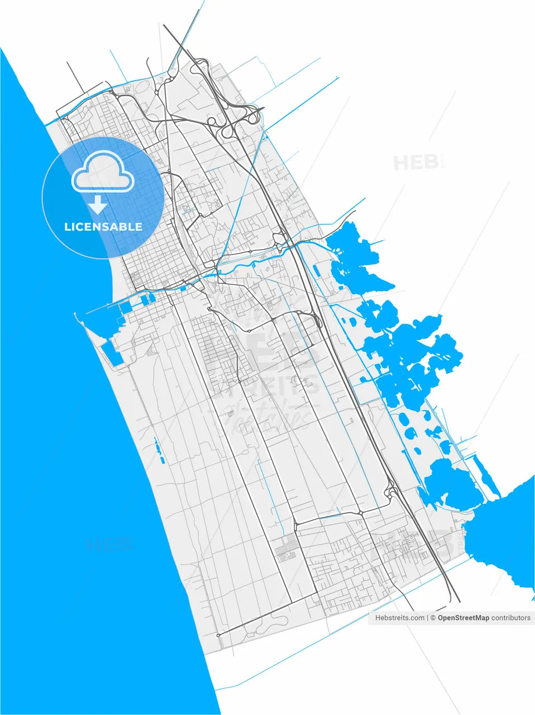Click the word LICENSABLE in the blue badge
(103, 227)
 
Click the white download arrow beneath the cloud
(98, 204)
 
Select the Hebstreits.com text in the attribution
(399, 618)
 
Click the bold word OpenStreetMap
(463, 618)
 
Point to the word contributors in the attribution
(511, 618)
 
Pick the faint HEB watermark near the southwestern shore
(108, 545)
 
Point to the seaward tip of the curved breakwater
(76, 314)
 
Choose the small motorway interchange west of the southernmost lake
(391, 492)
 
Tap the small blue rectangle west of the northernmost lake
(317, 271)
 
